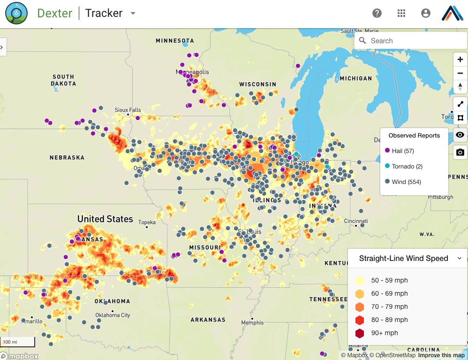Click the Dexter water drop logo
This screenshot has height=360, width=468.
pyautogui.click(x=16, y=13)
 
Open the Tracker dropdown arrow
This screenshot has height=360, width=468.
pyautogui.click(x=133, y=13)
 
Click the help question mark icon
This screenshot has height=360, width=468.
pyautogui.click(x=377, y=13)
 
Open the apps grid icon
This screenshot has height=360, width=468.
pyautogui.click(x=401, y=13)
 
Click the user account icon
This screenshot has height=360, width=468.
pyautogui.click(x=426, y=13)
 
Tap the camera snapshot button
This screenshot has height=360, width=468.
pyautogui.click(x=460, y=153)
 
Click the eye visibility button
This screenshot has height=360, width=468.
pyautogui.click(x=460, y=135)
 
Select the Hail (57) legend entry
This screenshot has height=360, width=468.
pyautogui.click(x=402, y=151)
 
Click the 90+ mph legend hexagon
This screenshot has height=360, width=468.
pyautogui.click(x=360, y=333)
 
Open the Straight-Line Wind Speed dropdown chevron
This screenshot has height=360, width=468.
pyautogui.click(x=460, y=258)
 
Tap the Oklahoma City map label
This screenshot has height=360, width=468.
pyautogui.click(x=113, y=315)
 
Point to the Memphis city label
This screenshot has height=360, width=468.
pyautogui.click(x=252, y=323)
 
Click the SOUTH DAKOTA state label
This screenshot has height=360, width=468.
pyautogui.click(x=63, y=80)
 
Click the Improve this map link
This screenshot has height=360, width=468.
pyautogui.click(x=442, y=355)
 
